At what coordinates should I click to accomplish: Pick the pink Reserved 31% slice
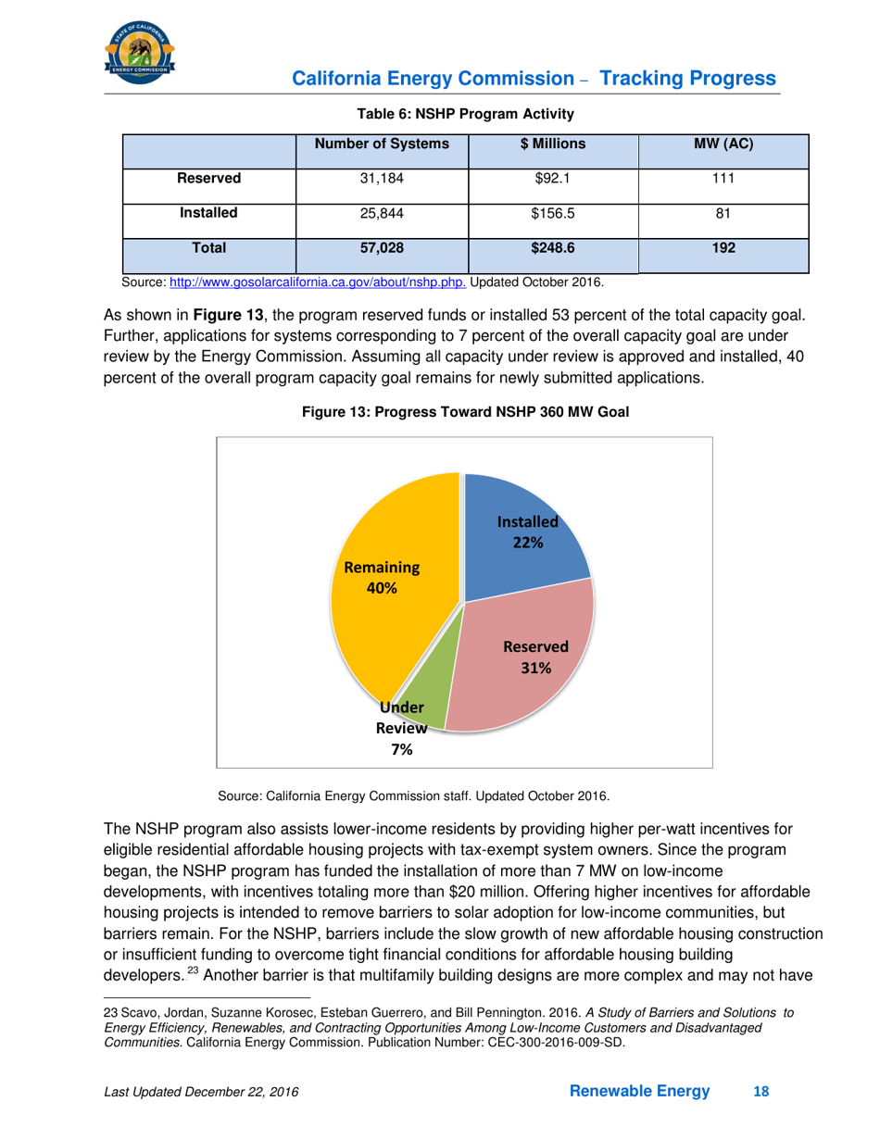pos(528,657)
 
